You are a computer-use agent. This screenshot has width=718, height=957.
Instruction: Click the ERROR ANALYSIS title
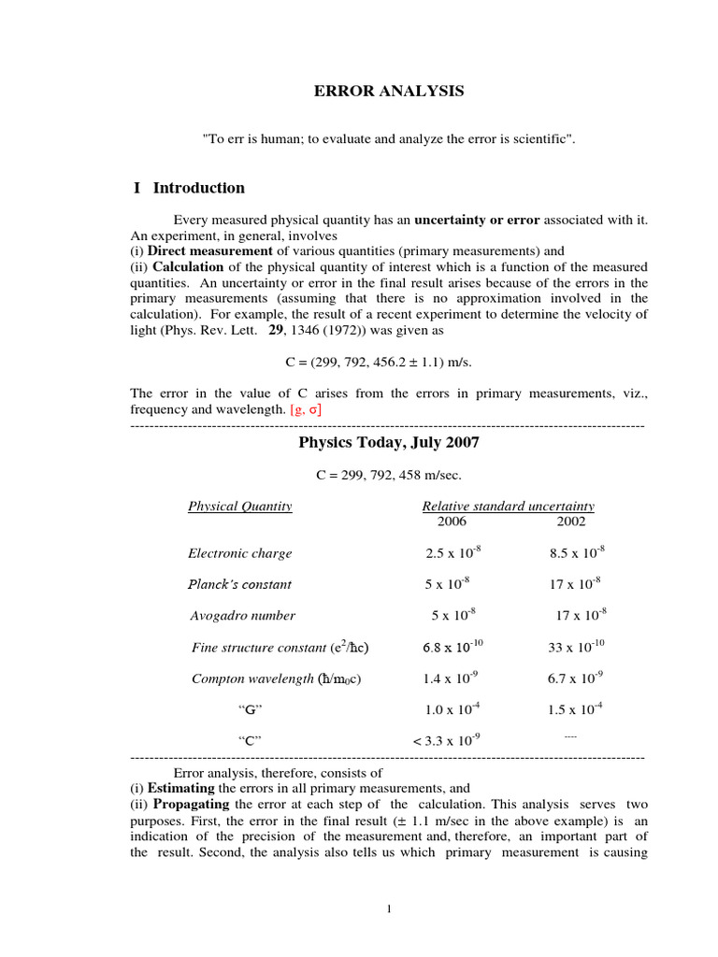pos(388,91)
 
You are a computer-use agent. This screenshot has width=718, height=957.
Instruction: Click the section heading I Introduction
pos(189,188)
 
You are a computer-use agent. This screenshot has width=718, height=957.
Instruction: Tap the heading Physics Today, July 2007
pos(388,442)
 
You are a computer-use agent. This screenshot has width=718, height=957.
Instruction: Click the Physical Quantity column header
pos(240,507)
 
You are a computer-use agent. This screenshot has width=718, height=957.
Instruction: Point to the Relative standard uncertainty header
pos(508,507)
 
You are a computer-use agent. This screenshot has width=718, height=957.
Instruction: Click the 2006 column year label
pos(445,521)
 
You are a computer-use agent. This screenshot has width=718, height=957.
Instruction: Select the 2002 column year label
pos(571,521)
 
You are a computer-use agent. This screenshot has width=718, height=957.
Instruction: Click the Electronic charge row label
pos(240,553)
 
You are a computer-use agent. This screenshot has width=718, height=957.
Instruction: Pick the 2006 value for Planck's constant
pos(447,583)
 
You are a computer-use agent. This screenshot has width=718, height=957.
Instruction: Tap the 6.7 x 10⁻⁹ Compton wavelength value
pos(575,678)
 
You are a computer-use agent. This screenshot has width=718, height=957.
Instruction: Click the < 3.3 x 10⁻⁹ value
pos(446,740)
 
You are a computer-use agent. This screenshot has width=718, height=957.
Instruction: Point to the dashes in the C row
pos(570,737)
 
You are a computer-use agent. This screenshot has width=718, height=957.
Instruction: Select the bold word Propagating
pos(192,804)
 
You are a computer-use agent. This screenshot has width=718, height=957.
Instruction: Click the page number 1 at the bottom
pos(389,910)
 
